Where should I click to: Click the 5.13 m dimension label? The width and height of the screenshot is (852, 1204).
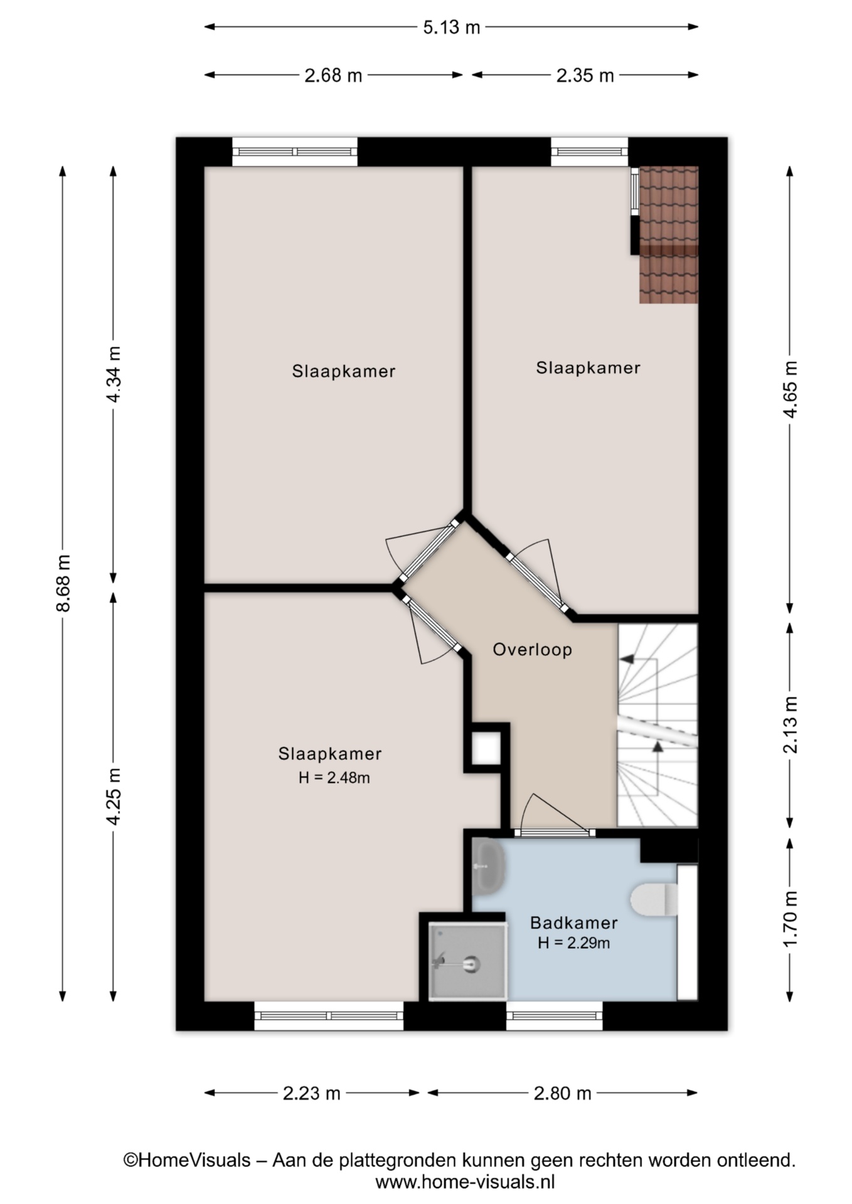(451, 27)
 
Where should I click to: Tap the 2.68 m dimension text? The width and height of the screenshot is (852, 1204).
(333, 75)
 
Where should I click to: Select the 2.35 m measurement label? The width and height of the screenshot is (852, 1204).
(585, 75)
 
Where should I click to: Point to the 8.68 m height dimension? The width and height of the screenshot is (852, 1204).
(63, 583)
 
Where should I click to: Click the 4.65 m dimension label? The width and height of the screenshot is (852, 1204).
(790, 389)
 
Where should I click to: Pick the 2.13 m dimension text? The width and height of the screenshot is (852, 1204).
(790, 724)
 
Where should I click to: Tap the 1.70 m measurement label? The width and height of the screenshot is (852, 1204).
(790, 919)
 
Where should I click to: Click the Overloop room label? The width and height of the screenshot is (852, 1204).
(532, 649)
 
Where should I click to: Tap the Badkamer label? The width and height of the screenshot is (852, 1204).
(573, 922)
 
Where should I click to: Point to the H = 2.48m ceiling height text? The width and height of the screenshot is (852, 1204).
(334, 778)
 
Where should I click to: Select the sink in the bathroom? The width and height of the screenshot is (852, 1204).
(488, 866)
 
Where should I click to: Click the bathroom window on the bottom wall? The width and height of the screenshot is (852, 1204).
(554, 1015)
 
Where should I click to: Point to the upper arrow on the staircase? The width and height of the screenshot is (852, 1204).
(627, 659)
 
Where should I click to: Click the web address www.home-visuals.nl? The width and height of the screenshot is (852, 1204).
(465, 1182)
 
